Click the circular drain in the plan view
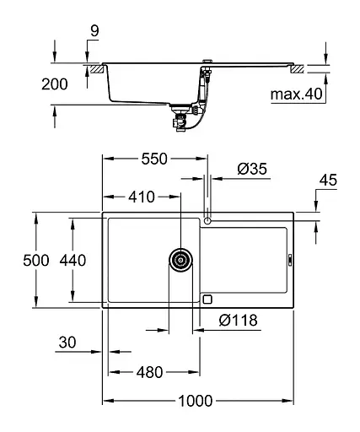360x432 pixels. [180, 260]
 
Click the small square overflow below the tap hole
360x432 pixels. [208, 298]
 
